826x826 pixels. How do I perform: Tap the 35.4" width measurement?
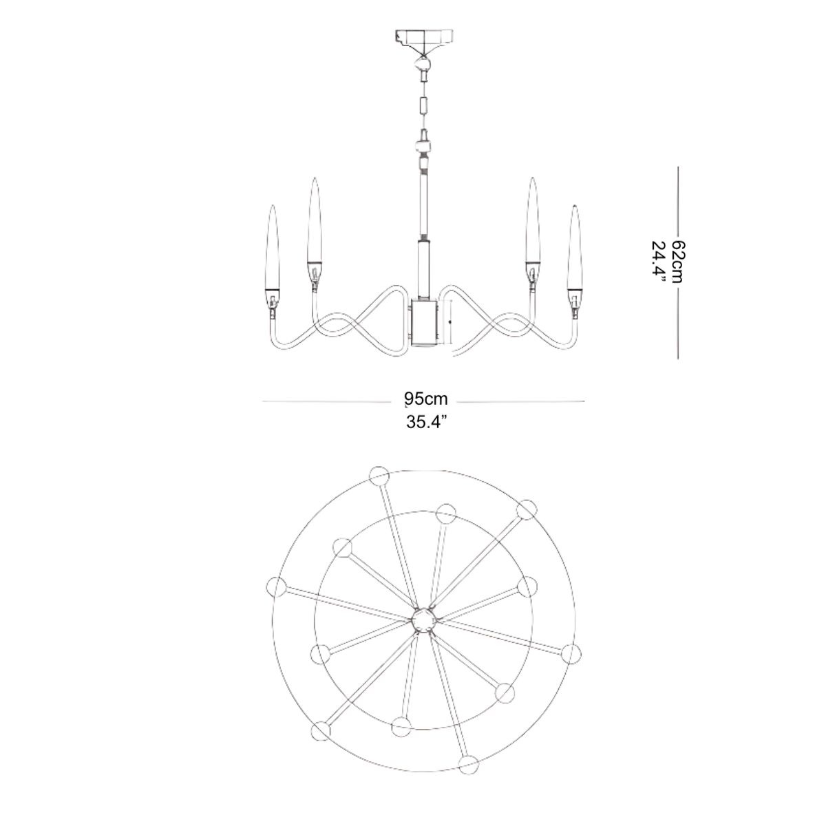(427, 423)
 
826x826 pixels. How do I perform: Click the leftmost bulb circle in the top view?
(276, 587)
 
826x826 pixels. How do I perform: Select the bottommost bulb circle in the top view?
(471, 763)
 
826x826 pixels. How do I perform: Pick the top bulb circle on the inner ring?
(447, 513)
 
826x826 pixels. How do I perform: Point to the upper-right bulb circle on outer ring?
(527, 509)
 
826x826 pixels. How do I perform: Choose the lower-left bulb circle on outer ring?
(321, 731)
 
